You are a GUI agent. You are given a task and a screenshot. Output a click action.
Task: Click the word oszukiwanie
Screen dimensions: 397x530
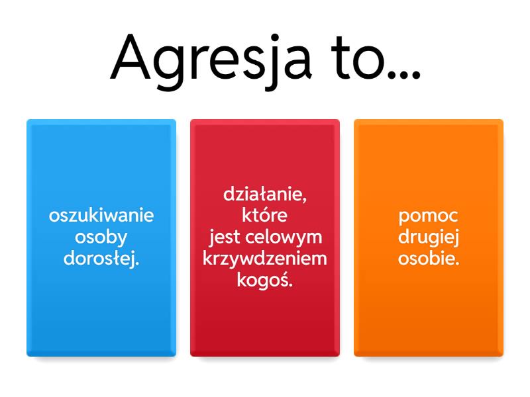click(101, 216)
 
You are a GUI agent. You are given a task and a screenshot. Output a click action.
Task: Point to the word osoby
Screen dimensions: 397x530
click(101, 237)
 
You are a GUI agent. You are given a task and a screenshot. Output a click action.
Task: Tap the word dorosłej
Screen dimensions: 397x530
click(101, 258)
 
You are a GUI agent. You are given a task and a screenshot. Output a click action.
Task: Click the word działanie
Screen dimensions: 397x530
click(265, 195)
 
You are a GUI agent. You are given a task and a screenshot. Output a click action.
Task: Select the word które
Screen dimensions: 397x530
click(265, 216)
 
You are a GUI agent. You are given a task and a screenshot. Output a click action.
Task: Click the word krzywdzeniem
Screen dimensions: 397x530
click(265, 259)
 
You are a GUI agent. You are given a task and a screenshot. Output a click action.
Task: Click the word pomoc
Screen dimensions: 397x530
click(429, 216)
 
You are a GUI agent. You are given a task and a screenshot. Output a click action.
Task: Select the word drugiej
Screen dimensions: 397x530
click(429, 238)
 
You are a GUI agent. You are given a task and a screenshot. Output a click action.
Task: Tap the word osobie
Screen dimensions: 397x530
click(429, 258)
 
